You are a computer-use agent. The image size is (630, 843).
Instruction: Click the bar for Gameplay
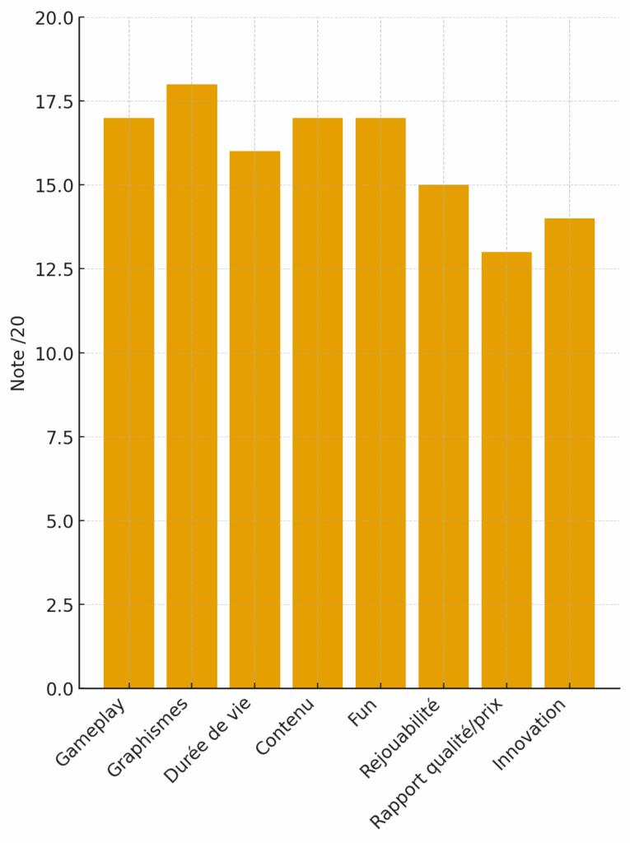[x=128, y=403]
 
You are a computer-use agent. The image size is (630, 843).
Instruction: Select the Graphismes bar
[x=192, y=386]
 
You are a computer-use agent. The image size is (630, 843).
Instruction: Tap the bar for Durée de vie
[x=254, y=420]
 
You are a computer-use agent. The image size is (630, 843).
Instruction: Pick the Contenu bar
[x=317, y=403]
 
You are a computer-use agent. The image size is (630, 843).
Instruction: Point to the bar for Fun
[x=380, y=403]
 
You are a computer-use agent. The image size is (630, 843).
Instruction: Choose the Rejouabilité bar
[x=443, y=436]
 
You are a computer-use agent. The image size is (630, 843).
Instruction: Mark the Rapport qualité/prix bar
[x=506, y=470]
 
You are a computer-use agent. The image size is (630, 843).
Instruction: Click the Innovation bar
[x=569, y=454]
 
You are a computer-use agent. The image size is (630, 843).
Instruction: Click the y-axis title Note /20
[x=18, y=353]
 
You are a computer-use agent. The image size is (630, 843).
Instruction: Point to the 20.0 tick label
[x=54, y=18]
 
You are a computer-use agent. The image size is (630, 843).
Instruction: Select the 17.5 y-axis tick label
[x=54, y=102]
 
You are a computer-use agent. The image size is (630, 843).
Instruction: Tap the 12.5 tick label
[x=54, y=269]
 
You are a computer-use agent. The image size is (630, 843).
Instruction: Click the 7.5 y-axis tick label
[x=59, y=437]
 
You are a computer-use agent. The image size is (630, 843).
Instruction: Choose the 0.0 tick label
[x=59, y=688]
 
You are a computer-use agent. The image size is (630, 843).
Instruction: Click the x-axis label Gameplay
[x=91, y=732]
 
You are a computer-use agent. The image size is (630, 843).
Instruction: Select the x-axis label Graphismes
[x=149, y=737]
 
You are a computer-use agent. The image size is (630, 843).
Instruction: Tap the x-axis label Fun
[x=362, y=712]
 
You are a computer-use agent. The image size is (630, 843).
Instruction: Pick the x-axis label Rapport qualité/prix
[x=436, y=761]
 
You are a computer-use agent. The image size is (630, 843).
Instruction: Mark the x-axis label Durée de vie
[x=208, y=739]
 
